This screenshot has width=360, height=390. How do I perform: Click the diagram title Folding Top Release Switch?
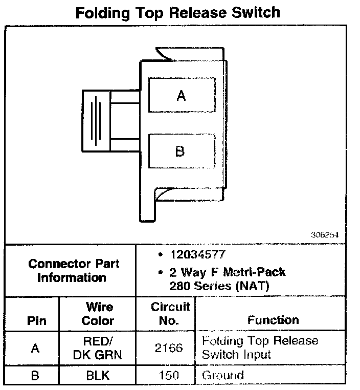(x=178, y=12)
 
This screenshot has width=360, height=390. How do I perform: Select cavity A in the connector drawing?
(x=180, y=95)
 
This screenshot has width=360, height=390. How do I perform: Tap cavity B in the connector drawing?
(x=180, y=151)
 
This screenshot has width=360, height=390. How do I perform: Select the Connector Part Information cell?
(x=71, y=271)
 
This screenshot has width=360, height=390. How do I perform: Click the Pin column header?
(x=35, y=321)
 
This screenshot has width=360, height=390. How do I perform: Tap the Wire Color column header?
(x=98, y=314)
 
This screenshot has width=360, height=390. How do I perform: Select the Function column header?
(x=273, y=320)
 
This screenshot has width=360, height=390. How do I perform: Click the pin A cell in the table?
(x=35, y=348)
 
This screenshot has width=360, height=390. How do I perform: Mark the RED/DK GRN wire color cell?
(x=98, y=348)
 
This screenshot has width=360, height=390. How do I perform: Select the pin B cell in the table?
(x=35, y=375)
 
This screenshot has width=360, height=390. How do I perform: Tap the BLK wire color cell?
(x=98, y=375)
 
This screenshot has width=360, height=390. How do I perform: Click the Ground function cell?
(x=223, y=375)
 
